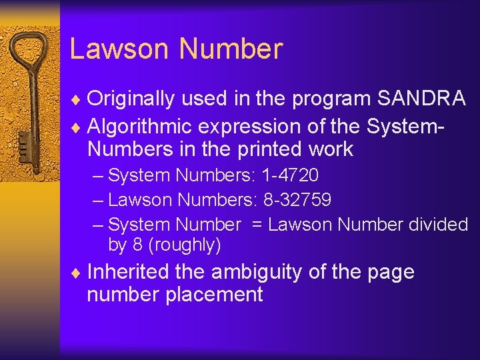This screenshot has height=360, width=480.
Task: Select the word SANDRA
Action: (x=421, y=99)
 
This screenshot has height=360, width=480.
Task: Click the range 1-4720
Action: (x=289, y=176)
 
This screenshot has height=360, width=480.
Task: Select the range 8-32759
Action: (x=295, y=200)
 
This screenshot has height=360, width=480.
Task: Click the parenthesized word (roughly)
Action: (x=184, y=245)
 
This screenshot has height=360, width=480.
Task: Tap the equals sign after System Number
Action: (x=257, y=225)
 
